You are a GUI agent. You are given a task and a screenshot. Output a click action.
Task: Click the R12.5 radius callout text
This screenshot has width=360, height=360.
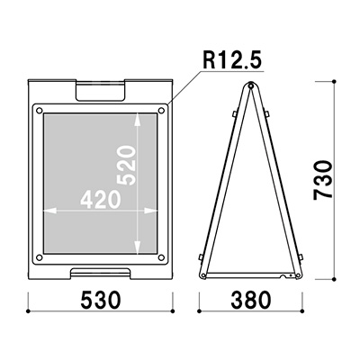coord(232,60)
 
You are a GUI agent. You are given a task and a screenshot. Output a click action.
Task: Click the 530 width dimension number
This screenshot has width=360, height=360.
coord(101,301)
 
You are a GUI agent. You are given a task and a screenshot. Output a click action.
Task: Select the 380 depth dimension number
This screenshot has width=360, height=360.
coord(251,301)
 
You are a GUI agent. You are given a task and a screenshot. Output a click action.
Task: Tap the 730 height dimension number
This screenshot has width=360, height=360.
coord(323,180)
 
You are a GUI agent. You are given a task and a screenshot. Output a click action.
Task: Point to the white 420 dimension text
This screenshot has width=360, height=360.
coord(101,200)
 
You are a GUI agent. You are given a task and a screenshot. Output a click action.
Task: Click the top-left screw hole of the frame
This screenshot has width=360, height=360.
coord(39,111)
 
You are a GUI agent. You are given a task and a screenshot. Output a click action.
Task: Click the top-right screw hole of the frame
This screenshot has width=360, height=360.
coord(161,111)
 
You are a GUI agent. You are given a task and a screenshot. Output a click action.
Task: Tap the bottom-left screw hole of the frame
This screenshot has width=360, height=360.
coord(39,257)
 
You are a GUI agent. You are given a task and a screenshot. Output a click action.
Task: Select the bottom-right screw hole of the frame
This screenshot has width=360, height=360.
coord(161,257)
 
